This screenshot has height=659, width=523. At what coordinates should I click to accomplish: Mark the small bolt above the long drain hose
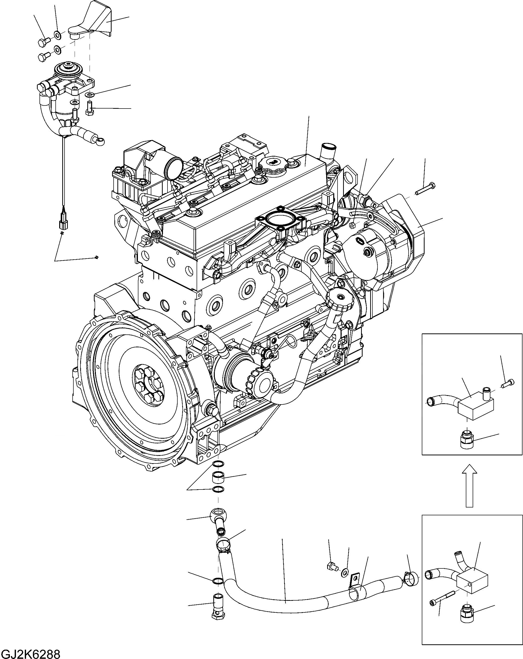tap(331, 567)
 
